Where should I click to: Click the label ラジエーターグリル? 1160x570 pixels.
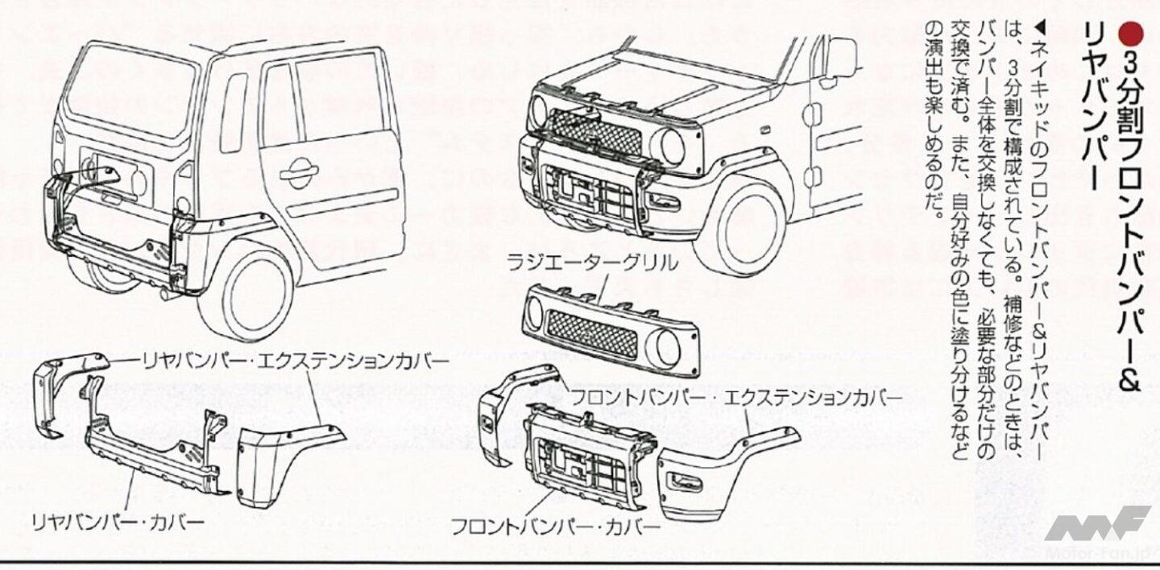click(x=592, y=262)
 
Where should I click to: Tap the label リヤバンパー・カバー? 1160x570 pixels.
click(x=118, y=522)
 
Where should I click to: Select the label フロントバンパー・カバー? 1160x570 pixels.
click(x=555, y=527)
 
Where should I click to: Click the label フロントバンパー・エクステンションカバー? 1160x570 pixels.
click(x=736, y=397)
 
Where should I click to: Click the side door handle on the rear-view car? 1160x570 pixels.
click(x=299, y=171)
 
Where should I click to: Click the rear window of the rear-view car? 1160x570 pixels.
click(x=129, y=89)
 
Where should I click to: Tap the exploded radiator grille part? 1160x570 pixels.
click(x=611, y=330)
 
